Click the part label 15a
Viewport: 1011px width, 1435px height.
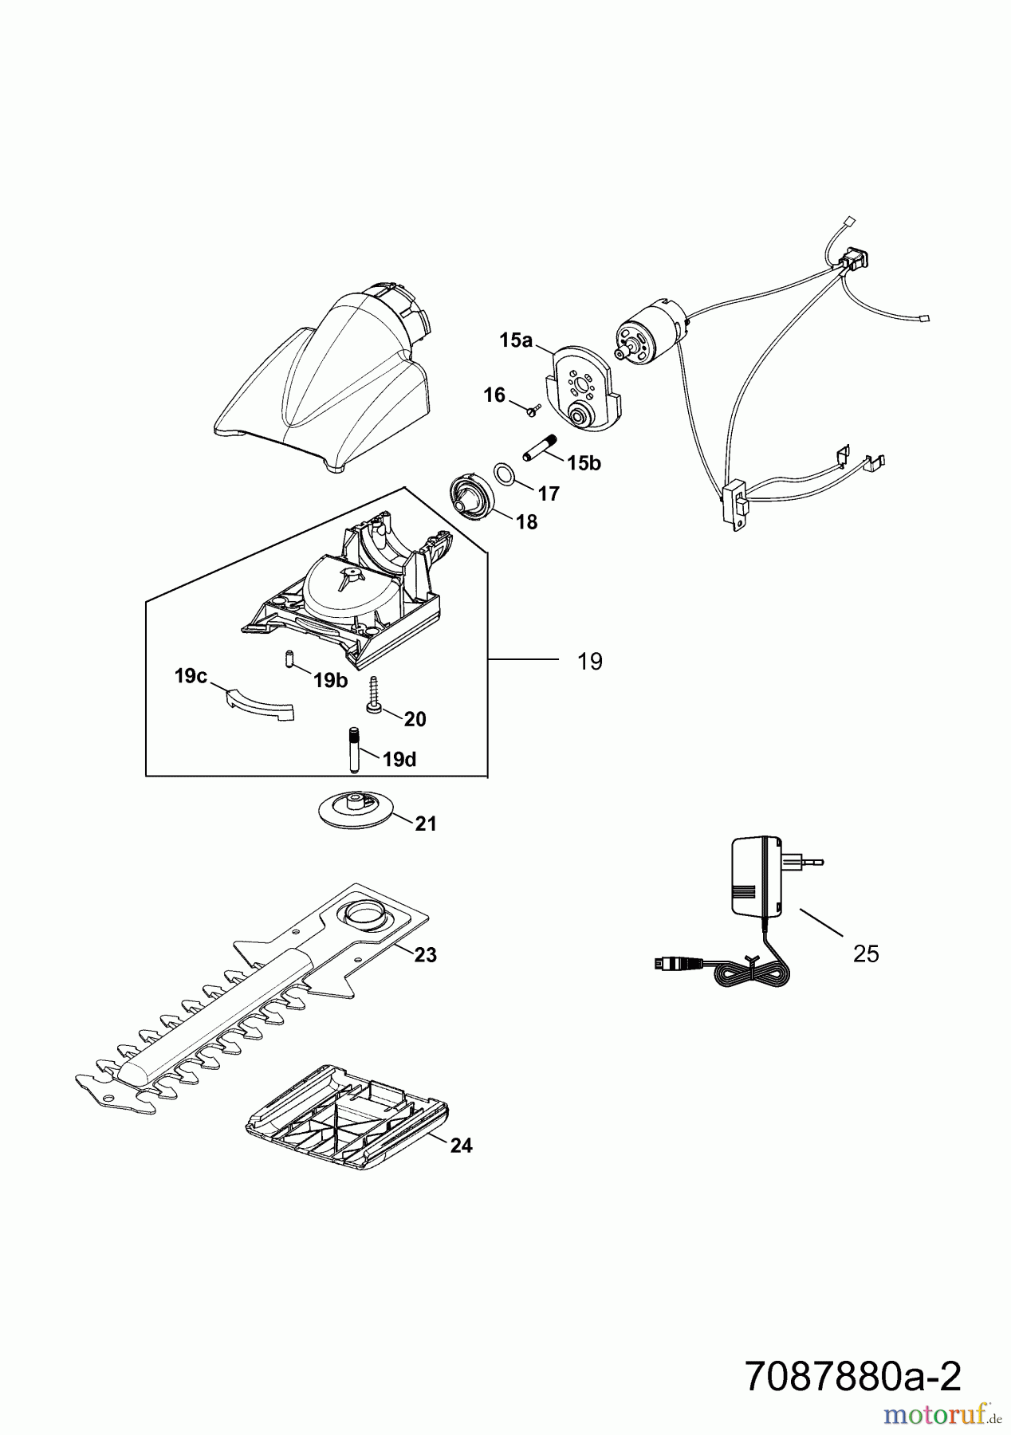pyautogui.click(x=515, y=340)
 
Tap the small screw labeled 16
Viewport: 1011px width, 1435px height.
pyautogui.click(x=533, y=409)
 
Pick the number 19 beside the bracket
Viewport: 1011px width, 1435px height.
pyautogui.click(x=590, y=662)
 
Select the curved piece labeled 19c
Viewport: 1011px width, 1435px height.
pyautogui.click(x=257, y=706)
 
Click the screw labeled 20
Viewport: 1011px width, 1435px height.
pyautogui.click(x=373, y=695)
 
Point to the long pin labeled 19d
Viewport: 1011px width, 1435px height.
pyautogui.click(x=352, y=749)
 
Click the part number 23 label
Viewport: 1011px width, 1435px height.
pyautogui.click(x=426, y=954)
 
